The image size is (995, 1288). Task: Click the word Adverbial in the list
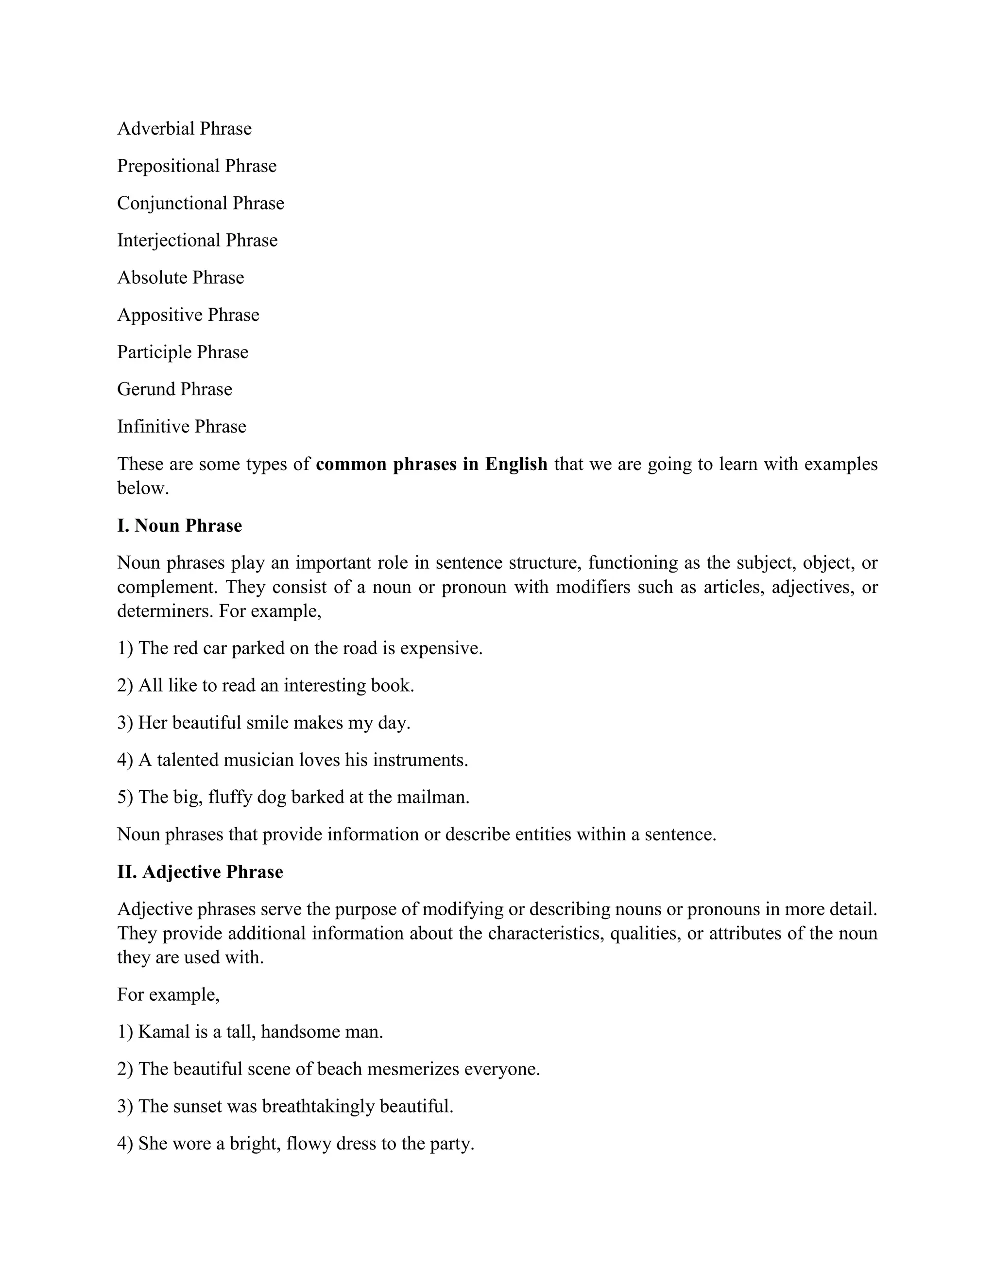point(155,129)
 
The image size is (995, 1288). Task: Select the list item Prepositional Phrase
point(196,166)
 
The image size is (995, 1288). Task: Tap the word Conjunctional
point(172,203)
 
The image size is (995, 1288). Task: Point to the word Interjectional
point(169,240)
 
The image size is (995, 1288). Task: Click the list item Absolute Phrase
point(180,277)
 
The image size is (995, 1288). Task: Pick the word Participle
point(154,352)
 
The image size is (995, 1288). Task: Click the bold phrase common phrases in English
point(431,464)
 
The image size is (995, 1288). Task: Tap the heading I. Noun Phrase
point(179,525)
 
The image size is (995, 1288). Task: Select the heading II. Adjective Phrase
point(200,871)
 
